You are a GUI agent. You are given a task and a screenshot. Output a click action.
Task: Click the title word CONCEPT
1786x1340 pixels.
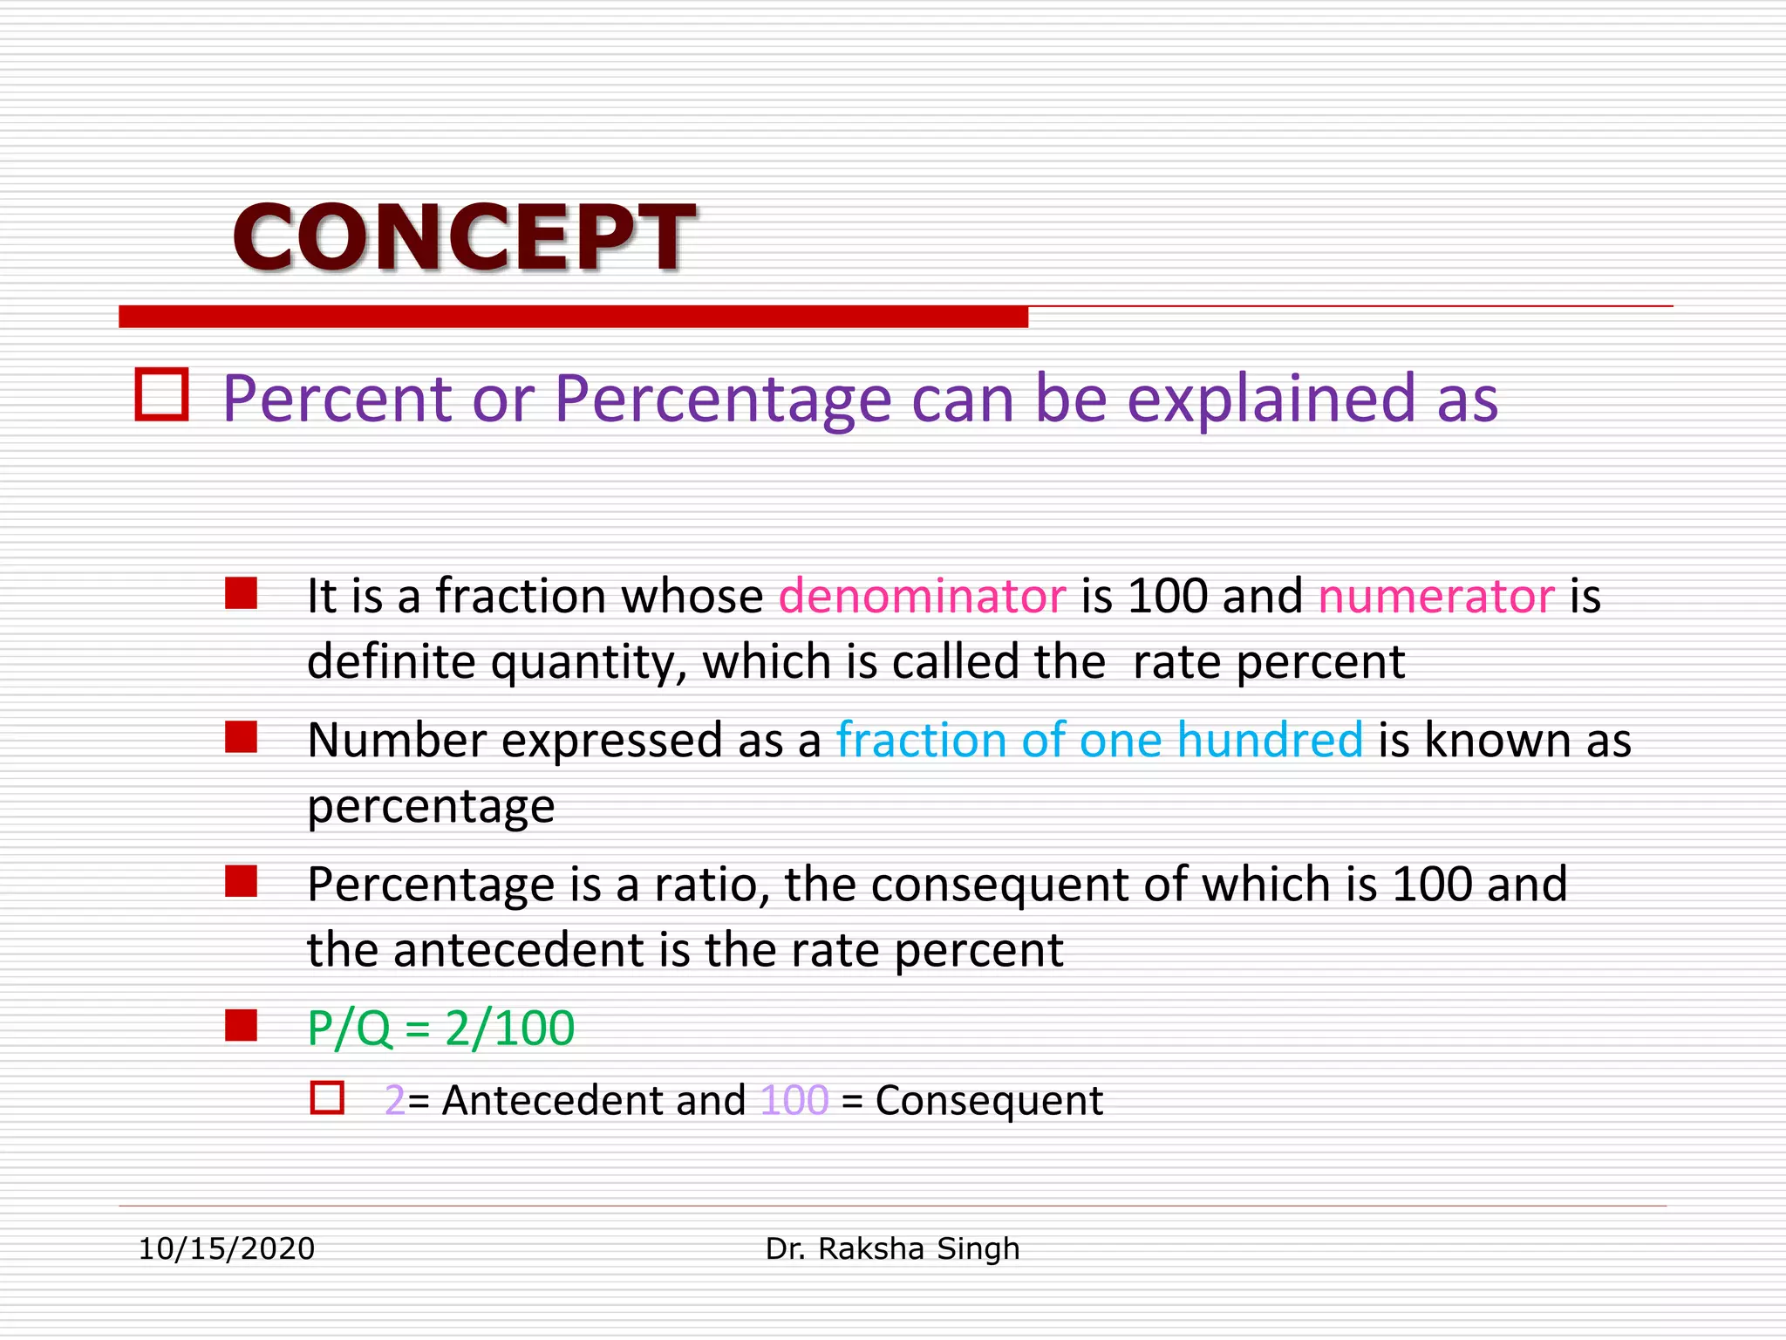463,237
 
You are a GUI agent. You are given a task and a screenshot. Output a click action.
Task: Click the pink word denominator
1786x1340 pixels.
922,597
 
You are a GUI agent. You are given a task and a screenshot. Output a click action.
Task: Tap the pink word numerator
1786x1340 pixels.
1435,597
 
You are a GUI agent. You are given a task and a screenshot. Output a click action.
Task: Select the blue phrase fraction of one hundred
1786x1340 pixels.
1099,741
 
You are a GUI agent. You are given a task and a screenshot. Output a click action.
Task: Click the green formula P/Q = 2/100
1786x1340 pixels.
440,1028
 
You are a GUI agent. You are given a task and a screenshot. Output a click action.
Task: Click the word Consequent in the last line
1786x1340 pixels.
989,1101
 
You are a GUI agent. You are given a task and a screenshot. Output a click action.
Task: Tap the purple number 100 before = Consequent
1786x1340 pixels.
794,1101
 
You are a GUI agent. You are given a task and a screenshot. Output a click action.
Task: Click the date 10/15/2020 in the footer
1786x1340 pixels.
227,1249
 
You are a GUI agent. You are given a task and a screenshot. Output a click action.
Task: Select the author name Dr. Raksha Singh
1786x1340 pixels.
892,1249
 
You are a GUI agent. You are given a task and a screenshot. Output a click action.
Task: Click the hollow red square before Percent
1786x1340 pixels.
162,395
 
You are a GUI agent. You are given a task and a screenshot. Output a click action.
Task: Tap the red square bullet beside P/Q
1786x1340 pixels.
241,1026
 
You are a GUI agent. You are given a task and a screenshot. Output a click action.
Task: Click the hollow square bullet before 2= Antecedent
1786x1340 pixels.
327,1097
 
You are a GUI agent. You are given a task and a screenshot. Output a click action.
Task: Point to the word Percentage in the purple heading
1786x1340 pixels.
723,400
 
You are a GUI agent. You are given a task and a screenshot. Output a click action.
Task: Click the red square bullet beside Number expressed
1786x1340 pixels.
241,737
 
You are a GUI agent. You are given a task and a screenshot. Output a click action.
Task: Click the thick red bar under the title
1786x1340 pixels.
573,317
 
